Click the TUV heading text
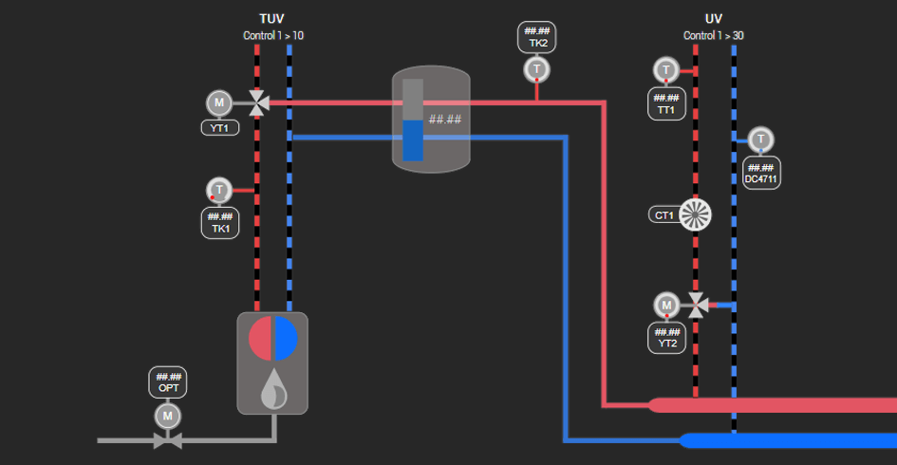(x=272, y=19)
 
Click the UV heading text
(x=714, y=19)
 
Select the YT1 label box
(x=219, y=127)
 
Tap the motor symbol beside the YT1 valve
(x=219, y=102)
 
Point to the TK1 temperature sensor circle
(x=219, y=190)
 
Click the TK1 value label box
(x=219, y=222)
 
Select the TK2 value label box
(x=537, y=37)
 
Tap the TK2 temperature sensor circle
(x=537, y=70)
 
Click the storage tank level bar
(x=413, y=120)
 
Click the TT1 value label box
(x=666, y=103)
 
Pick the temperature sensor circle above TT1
(x=666, y=70)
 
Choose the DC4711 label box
(x=761, y=173)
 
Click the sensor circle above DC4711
(x=760, y=139)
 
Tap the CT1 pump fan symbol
(x=696, y=214)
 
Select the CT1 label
(x=663, y=215)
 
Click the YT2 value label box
(x=666, y=337)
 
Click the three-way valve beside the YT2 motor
(x=698, y=305)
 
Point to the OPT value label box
(x=168, y=382)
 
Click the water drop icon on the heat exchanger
(x=272, y=387)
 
